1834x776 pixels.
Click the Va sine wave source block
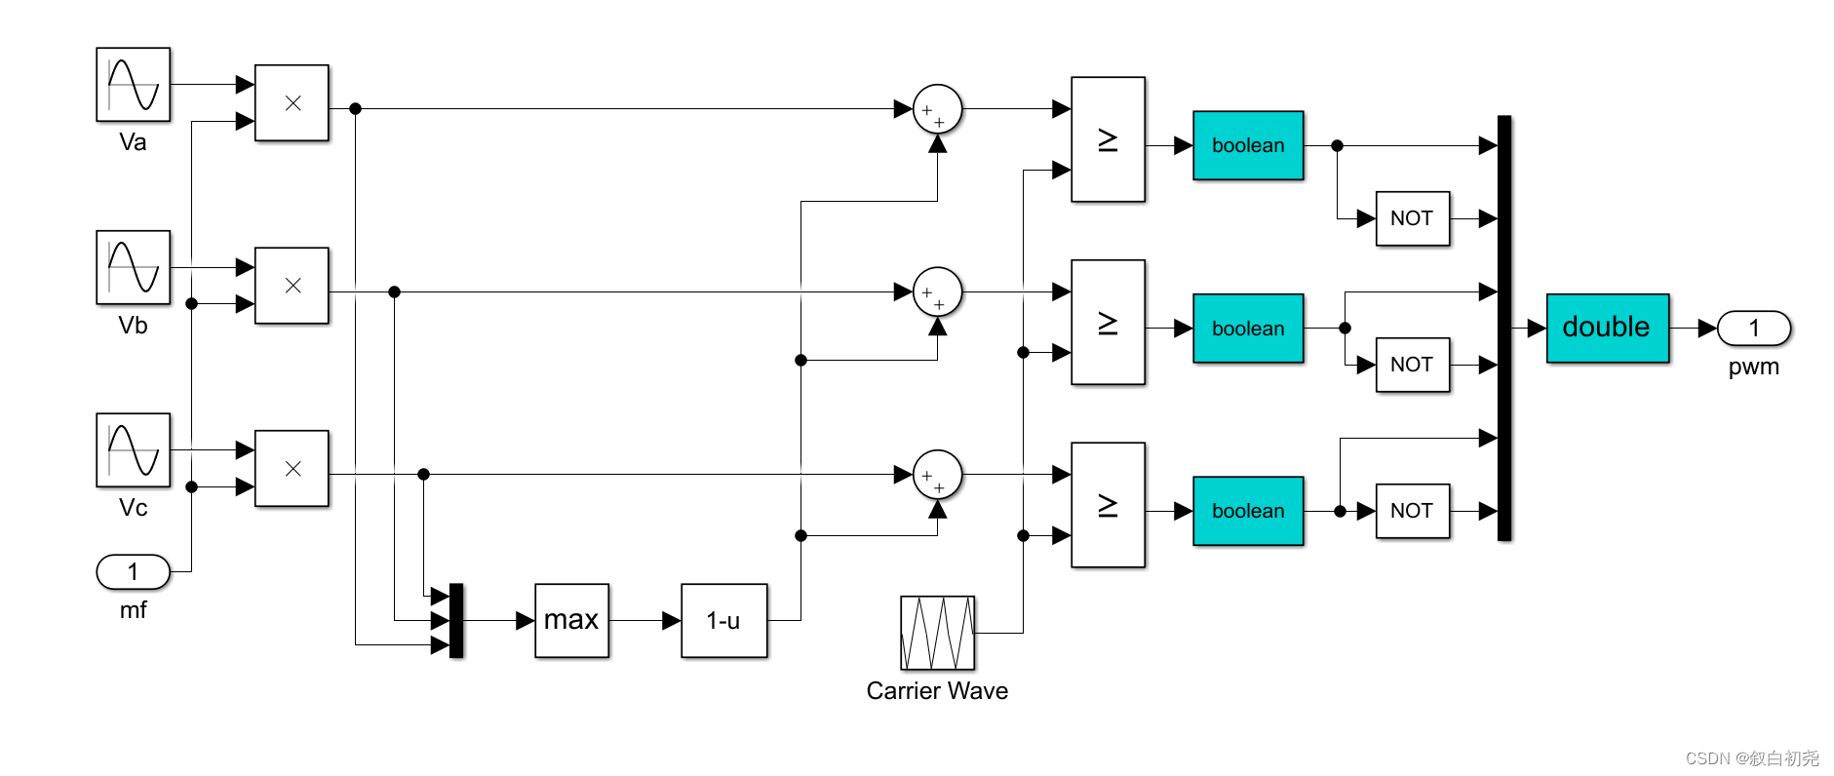pos(133,85)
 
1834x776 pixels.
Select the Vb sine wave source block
pos(133,267)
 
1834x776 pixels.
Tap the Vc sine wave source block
pos(133,449)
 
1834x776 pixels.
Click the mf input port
pos(133,572)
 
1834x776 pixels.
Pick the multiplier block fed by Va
pos(292,103)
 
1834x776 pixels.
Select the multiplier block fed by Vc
pos(292,469)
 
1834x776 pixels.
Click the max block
pos(571,620)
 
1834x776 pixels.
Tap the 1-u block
pos(723,620)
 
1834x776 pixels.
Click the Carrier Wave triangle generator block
pos(937,633)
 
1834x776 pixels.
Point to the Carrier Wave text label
pos(937,691)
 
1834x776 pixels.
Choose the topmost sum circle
pos(937,109)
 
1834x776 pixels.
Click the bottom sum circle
pos(937,475)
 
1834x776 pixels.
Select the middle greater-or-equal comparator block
pos(1108,323)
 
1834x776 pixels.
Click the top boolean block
pos(1248,145)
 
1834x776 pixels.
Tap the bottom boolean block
pos(1248,511)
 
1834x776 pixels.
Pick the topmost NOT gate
pos(1412,218)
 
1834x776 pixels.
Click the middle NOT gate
pos(1412,365)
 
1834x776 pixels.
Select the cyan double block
pos(1607,328)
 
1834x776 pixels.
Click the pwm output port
pos(1753,329)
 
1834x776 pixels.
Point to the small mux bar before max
pos(456,620)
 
